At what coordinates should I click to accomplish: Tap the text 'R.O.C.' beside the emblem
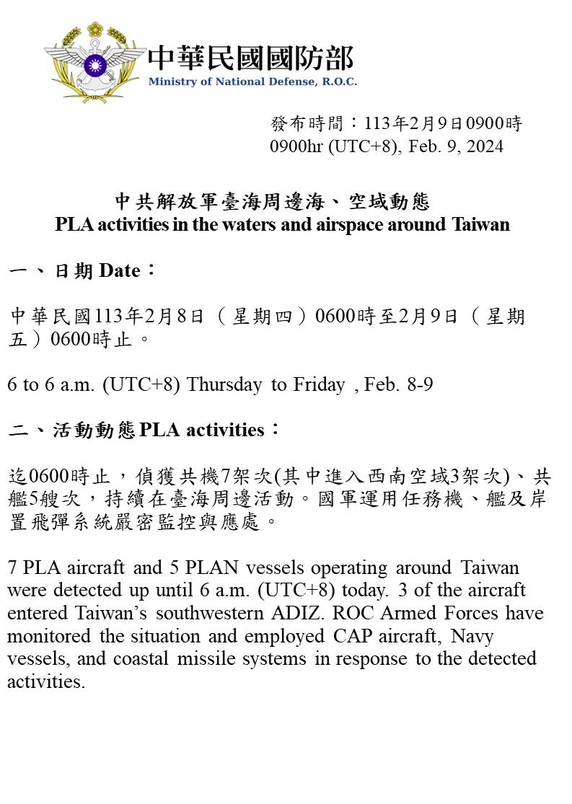(338, 81)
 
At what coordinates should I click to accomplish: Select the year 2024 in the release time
(484, 146)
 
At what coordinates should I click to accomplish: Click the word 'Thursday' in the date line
(224, 384)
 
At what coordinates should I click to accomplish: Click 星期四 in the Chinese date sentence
(262, 317)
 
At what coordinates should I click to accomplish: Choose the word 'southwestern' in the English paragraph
(247, 613)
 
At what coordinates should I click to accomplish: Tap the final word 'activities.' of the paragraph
(46, 682)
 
